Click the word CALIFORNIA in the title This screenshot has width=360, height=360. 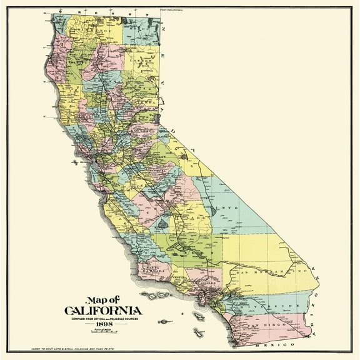coord(102,310)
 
